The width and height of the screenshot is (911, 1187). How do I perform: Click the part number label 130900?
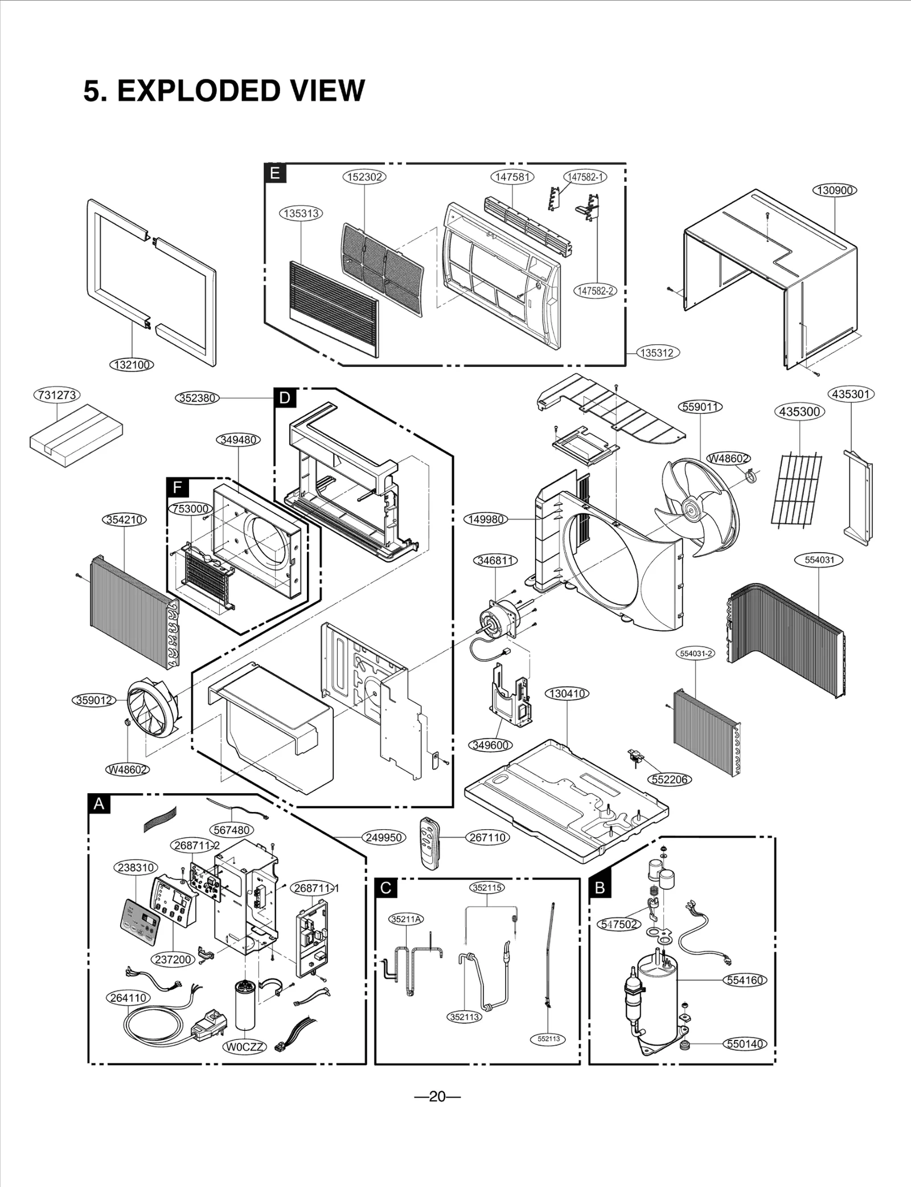click(x=834, y=190)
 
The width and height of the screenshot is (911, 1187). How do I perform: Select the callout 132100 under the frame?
click(x=132, y=365)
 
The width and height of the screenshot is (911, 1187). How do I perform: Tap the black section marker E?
click(x=275, y=173)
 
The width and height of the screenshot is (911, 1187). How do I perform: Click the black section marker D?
click(x=285, y=398)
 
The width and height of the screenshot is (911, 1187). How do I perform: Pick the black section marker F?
click(x=178, y=487)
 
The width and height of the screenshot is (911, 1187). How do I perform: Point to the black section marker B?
click(x=600, y=887)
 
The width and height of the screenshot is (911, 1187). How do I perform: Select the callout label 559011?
click(x=701, y=407)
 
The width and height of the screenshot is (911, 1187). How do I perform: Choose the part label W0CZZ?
click(x=244, y=1047)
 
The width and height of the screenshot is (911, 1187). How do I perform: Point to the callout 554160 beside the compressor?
click(x=745, y=980)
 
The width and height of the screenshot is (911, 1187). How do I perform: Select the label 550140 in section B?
click(x=745, y=1044)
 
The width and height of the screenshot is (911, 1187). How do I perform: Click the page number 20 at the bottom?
click(x=437, y=1096)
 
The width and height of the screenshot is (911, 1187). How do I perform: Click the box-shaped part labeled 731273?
click(x=76, y=435)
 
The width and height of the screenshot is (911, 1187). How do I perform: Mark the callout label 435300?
click(x=799, y=411)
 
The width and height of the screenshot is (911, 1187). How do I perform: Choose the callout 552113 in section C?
click(x=548, y=1039)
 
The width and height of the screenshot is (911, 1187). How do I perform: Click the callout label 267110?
click(x=487, y=838)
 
